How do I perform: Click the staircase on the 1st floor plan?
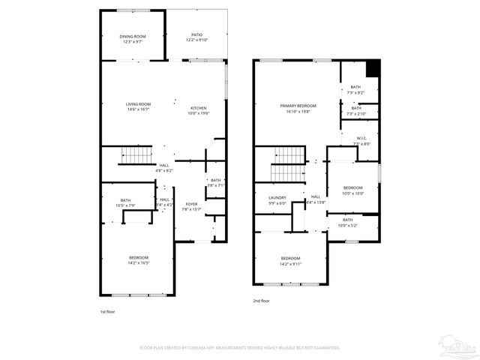137,156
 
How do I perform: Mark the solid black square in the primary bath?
373,67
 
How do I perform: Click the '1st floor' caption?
108,310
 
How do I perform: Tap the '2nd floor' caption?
261,301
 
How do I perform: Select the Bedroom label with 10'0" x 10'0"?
353,190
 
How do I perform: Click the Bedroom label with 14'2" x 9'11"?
290,260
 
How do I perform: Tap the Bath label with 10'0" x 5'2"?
348,222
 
